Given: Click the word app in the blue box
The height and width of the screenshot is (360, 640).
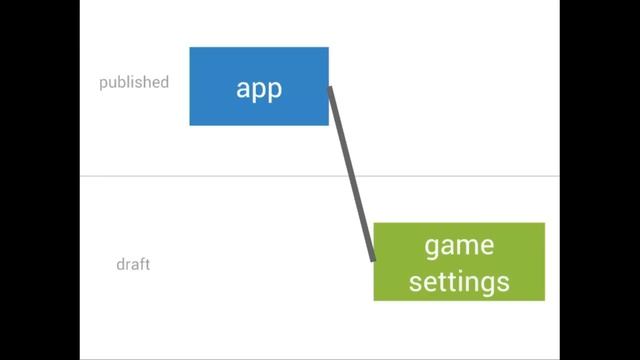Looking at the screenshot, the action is coord(259,88).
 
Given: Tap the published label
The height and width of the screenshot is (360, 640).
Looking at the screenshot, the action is coord(134,83).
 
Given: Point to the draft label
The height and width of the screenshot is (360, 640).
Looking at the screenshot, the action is coord(133,265).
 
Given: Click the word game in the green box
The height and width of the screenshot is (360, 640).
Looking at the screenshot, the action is coord(459,246).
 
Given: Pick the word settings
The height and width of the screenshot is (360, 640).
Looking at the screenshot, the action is coord(459,281).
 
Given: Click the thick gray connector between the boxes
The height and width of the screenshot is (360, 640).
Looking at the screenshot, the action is coord(352,174).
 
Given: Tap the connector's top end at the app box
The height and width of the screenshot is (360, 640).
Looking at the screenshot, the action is coord(331,90).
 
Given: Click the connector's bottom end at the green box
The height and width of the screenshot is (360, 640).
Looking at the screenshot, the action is coord(373,258).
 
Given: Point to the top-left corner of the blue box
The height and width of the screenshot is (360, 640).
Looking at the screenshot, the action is coord(190,48).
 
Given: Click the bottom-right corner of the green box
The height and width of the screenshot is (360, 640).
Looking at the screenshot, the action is coord(544,299).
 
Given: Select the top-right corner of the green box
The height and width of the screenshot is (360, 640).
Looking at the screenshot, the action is coord(544,224).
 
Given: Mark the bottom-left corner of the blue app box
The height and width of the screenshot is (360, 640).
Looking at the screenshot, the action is coord(190,125).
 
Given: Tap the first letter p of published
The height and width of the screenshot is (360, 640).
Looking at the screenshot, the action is coord(103,84).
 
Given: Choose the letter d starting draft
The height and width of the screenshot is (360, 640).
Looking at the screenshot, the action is coord(120,265).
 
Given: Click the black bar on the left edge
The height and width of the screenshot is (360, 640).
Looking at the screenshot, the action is coord(40,180).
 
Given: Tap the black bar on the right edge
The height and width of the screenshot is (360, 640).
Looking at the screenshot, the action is coord(600,180).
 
